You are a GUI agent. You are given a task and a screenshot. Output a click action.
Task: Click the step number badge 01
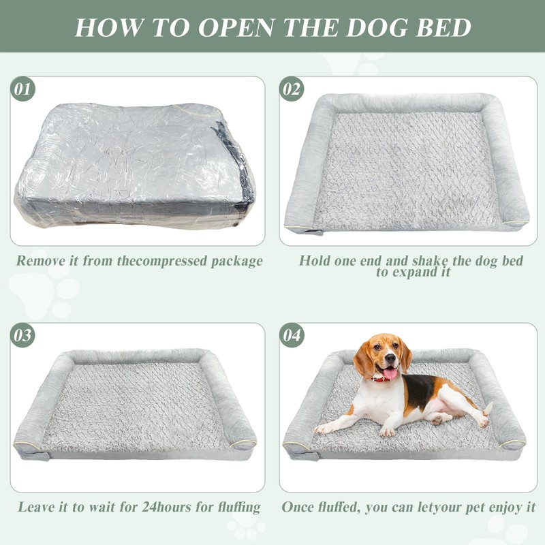coord(22,89)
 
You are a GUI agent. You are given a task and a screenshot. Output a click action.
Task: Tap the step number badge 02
coord(292,89)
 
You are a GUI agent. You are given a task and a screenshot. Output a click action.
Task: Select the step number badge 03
coord(22,335)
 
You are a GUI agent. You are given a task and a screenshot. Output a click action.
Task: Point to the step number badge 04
coord(292,335)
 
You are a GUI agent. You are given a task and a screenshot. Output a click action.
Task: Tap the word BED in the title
coord(443,27)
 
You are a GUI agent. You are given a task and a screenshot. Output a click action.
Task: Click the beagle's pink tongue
coord(390,373)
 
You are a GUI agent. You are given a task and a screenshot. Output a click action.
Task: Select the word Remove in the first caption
coord(40,261)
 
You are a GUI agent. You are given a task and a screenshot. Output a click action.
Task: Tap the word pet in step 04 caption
coord(469,508)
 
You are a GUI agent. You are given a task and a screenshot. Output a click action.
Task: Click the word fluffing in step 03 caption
coord(234,508)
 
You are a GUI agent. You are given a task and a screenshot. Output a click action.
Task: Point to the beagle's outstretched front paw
coord(322,429)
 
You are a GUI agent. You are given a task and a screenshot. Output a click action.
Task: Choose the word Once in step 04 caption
coord(298,508)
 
